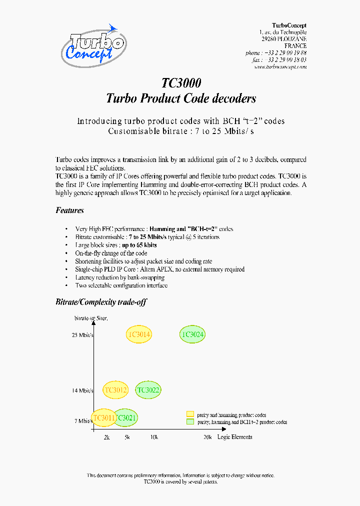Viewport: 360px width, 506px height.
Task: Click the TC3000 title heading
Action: [x=181, y=83]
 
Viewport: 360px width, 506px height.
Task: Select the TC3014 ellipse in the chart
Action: [x=139, y=334]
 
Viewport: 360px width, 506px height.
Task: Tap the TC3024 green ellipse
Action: [x=192, y=334]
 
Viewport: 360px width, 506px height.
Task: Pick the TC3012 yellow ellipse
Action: [x=115, y=390]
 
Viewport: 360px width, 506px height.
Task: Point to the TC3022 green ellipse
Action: [x=148, y=390]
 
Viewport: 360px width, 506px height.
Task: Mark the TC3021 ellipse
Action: [x=126, y=417]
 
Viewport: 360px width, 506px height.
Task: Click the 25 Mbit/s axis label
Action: [x=82, y=334]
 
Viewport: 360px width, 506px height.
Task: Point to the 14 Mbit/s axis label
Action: [x=82, y=390]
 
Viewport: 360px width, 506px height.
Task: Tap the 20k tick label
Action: [x=207, y=437]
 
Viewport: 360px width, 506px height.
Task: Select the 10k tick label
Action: [x=154, y=437]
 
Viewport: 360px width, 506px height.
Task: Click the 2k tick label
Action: [x=106, y=437]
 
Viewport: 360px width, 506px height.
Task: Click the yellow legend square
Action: [x=190, y=414]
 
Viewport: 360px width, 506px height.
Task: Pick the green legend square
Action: [x=190, y=421]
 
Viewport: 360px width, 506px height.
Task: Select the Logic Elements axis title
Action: [x=234, y=437]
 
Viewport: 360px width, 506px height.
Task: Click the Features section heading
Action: [x=69, y=210]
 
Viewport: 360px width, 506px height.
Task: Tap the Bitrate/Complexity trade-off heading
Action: [x=101, y=302]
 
